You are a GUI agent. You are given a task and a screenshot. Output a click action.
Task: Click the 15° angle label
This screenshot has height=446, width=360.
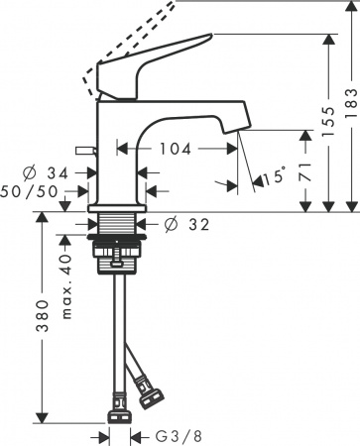coord(273,178)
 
